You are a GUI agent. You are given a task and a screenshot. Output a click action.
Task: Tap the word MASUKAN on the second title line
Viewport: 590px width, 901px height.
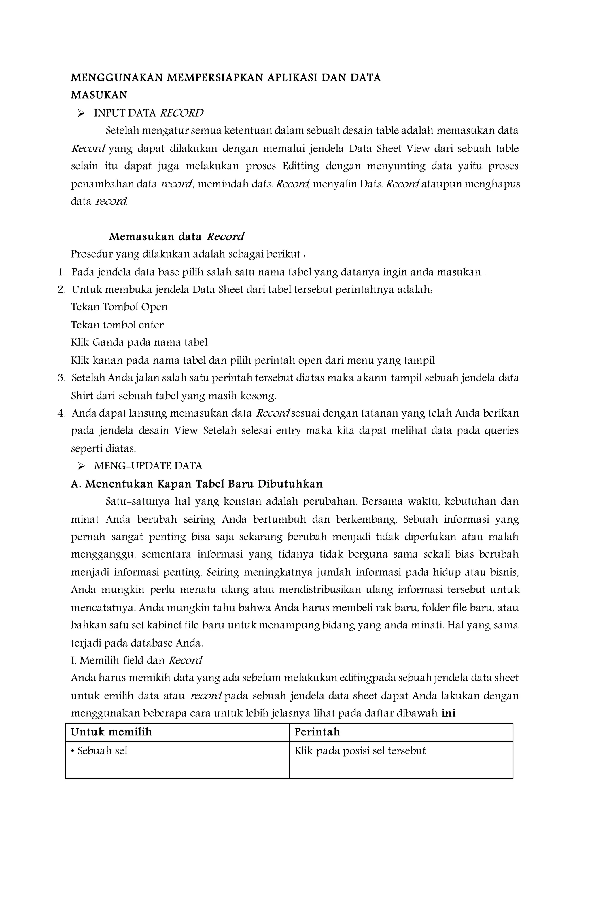99,95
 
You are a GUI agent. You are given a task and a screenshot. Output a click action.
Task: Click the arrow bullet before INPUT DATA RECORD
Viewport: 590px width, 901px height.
81,113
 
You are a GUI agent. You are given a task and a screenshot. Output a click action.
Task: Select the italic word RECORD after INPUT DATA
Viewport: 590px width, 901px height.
181,113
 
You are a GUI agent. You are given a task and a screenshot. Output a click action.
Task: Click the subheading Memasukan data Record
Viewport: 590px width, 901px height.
176,237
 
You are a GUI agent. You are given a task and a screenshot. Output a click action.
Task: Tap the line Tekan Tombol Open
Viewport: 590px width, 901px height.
119,307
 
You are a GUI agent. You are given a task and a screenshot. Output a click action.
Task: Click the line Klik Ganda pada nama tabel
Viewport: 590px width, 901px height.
139,342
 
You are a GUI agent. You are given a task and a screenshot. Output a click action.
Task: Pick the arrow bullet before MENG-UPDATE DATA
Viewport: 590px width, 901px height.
81,466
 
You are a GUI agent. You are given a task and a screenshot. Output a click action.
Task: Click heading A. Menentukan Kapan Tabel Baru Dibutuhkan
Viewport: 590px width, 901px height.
197,484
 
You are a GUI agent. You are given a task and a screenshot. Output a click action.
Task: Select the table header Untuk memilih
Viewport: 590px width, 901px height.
111,732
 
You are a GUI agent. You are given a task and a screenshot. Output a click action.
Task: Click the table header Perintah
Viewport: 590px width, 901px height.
317,732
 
